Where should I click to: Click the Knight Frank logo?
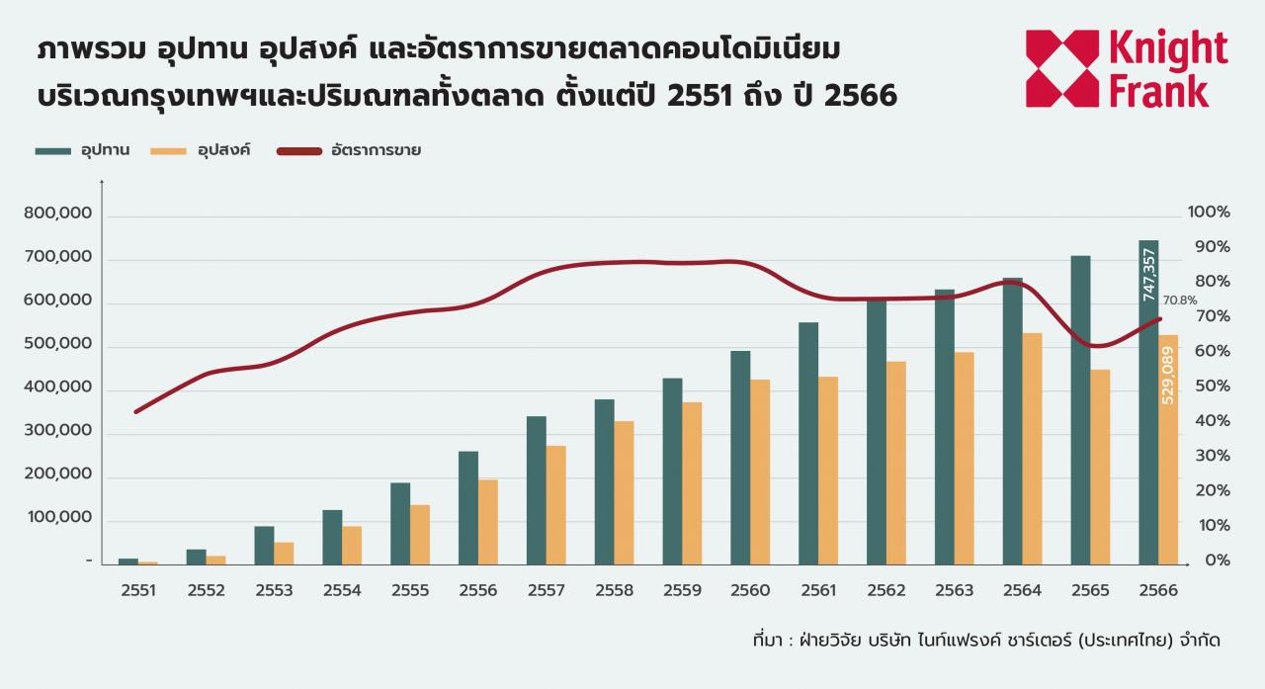coord(1127,68)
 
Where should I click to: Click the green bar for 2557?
coord(536,490)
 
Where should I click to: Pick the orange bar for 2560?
coord(760,473)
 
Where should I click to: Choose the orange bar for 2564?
coord(1032,449)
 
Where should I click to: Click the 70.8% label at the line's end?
coord(1180,300)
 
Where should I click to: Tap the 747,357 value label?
coord(1148,275)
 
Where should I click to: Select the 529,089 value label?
coord(1168,377)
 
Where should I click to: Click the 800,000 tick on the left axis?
coord(57,214)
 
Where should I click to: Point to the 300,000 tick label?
coord(57,432)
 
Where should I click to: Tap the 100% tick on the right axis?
coord(1209,213)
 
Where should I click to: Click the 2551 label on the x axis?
coord(137,590)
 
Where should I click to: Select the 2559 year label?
coord(683,590)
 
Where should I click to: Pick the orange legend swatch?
coord(168,151)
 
